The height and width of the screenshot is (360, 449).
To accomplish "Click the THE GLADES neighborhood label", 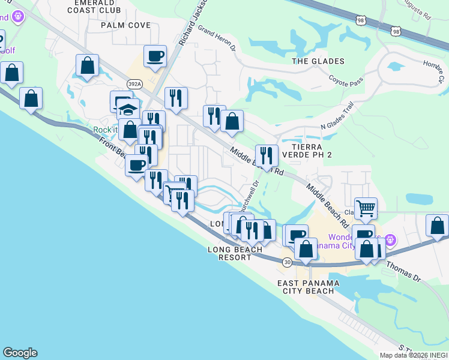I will coord(318,61).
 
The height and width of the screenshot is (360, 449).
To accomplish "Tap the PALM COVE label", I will coord(125,25).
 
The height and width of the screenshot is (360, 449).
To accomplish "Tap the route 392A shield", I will coord(135,85).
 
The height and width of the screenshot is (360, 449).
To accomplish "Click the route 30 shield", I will coord(288,262).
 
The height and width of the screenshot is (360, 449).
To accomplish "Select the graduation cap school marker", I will coord(127,110).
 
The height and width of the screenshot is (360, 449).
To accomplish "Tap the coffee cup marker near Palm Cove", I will coord(155,56).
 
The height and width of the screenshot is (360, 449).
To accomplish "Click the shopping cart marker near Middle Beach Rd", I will coord(366,209).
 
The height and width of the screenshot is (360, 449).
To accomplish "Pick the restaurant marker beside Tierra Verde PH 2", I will coord(267,156).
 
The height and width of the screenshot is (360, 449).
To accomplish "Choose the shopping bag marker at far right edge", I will coord(437,226).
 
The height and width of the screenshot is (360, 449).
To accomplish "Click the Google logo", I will coord(20,353).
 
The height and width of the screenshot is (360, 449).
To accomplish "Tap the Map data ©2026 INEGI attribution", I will coord(414,355).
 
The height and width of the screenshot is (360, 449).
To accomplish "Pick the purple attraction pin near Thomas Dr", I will coord(391,240).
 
